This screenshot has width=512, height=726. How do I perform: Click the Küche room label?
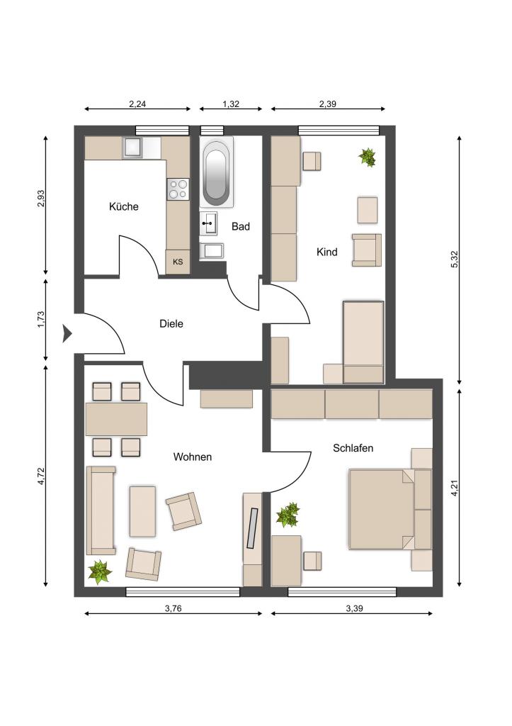[x=123, y=206]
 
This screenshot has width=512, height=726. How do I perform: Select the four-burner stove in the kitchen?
[x=178, y=189]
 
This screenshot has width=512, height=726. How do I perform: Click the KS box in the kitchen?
[x=178, y=262]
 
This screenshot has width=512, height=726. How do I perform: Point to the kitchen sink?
[x=132, y=147]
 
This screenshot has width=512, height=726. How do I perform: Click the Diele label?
[x=171, y=323]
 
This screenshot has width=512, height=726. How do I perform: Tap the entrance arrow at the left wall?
[x=67, y=333]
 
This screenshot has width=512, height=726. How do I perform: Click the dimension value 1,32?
[x=231, y=104]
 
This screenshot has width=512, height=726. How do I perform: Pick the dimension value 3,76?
[x=173, y=608]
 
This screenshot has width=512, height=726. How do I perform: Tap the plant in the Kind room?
[x=368, y=157]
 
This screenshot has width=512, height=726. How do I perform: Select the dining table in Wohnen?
[x=117, y=419]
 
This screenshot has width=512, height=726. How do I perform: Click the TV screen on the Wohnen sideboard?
[x=253, y=528]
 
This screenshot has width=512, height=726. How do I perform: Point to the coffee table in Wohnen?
[x=142, y=511]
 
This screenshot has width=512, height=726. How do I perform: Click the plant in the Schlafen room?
[x=288, y=515]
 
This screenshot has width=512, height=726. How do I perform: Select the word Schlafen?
[x=353, y=448]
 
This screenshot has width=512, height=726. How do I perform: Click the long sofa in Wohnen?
[x=101, y=510]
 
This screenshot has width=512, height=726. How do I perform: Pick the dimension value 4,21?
[x=455, y=488]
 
